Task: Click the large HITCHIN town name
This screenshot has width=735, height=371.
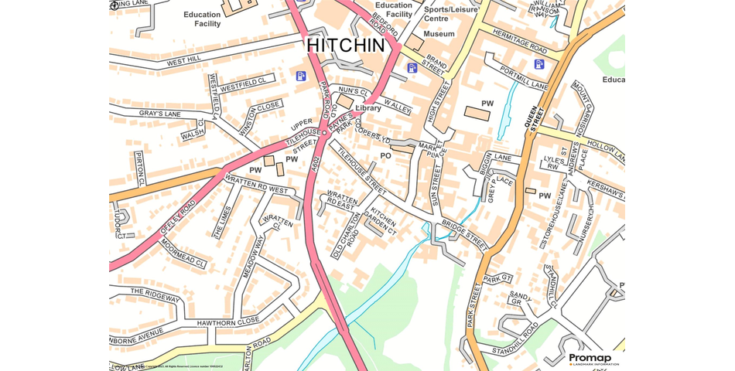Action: click(345, 46)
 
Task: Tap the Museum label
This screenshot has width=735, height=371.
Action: click(439, 34)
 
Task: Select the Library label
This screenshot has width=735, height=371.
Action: click(368, 108)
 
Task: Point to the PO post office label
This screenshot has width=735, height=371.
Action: click(385, 156)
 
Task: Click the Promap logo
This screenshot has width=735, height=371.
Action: click(590, 359)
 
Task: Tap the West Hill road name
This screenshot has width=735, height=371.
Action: click(183, 60)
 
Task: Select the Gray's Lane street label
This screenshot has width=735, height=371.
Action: click(160, 114)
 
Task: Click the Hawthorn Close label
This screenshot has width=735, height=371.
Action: click(227, 321)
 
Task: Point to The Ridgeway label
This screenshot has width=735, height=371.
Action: click(155, 295)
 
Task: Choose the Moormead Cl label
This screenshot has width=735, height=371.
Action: click(183, 252)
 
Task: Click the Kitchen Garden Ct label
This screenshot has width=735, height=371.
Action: click(382, 222)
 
